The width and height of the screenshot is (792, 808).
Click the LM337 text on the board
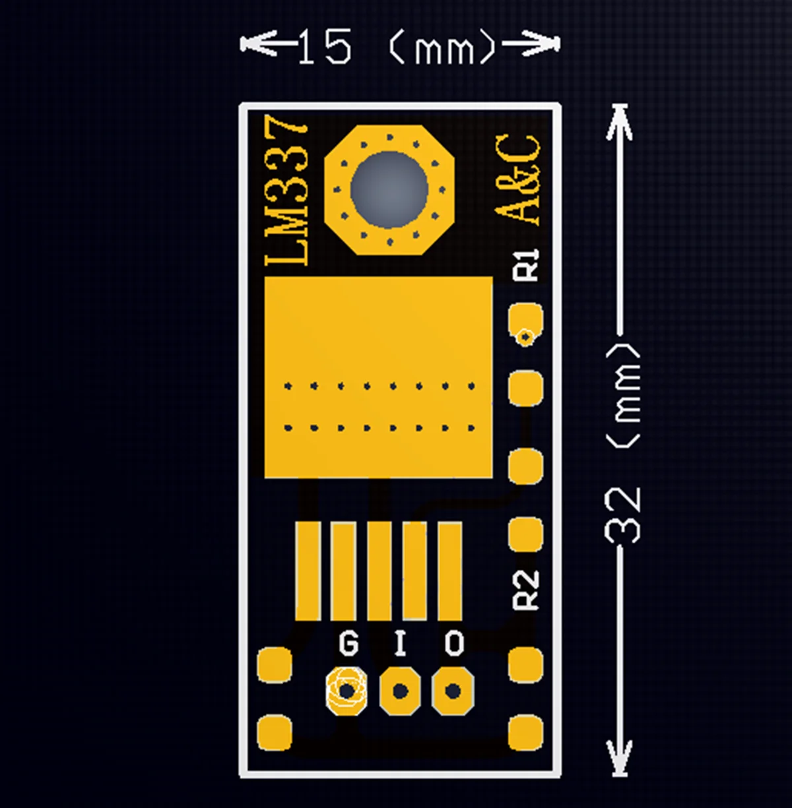288,191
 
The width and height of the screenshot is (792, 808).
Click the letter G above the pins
348,644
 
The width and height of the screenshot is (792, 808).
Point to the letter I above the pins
400,644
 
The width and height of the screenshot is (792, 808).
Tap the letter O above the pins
454,644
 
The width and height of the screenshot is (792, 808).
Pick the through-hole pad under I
400,691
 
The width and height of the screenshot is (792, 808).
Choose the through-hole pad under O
453,691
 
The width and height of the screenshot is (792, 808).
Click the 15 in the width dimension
324,47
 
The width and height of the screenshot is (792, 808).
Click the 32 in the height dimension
623,515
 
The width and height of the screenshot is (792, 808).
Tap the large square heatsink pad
378,377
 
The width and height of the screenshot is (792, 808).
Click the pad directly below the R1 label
525,321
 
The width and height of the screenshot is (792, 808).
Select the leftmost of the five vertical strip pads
308,571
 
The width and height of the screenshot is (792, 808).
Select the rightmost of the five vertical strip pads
449,571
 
